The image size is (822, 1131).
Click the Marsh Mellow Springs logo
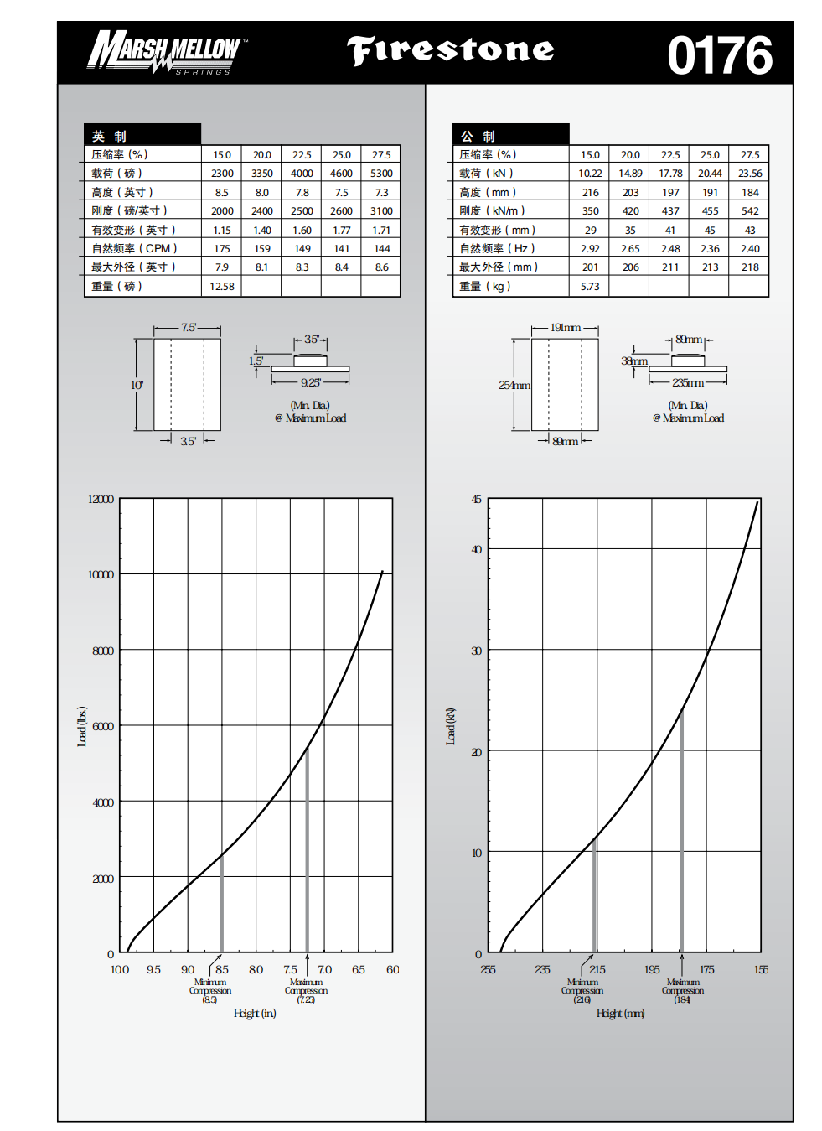[x=166, y=52]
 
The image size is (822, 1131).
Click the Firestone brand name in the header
[x=451, y=50]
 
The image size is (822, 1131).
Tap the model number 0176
[x=719, y=55]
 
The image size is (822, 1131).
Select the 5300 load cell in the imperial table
[x=381, y=174]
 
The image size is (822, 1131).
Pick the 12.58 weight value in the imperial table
[x=222, y=287]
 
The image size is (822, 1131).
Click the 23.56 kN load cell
[x=750, y=174]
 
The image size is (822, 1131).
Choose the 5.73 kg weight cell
[x=590, y=287]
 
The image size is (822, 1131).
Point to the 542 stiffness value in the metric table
[x=750, y=211]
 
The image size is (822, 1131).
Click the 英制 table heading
[x=109, y=136]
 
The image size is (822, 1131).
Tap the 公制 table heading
[x=478, y=136]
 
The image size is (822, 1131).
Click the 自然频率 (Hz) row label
[x=497, y=249]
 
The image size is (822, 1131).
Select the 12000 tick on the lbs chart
[x=101, y=499]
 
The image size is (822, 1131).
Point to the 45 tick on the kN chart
[x=476, y=500]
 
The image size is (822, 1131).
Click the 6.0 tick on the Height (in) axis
[x=392, y=970]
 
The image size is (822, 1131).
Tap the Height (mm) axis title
[x=620, y=1014]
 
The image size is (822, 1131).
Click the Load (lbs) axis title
[x=82, y=726]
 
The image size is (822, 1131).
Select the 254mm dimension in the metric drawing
[x=514, y=386]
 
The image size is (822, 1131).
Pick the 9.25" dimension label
[x=310, y=383]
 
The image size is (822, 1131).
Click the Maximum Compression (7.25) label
[x=306, y=990]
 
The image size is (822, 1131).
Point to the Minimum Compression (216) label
[x=582, y=990]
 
